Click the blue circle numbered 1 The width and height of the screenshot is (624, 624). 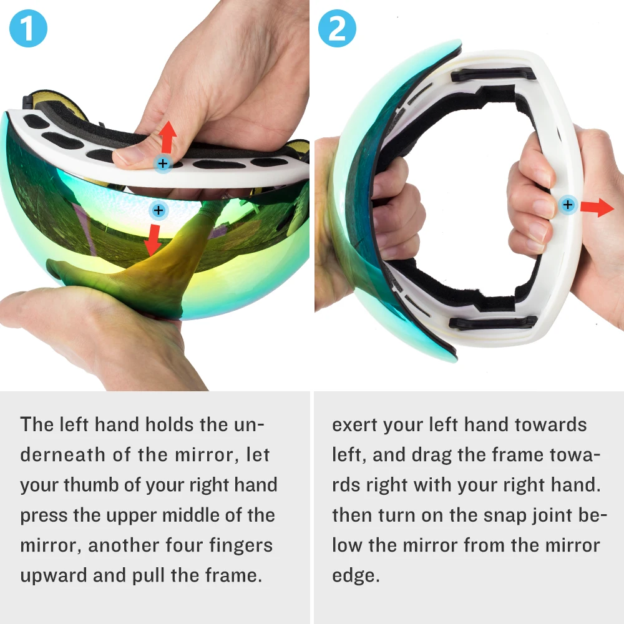point(28,28)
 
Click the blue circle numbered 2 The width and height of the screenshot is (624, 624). point(337,28)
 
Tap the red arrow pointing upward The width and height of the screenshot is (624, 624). point(167,137)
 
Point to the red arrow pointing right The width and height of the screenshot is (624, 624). point(597,207)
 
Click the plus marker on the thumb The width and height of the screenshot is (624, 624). point(163,163)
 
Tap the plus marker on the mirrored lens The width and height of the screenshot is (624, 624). point(158,210)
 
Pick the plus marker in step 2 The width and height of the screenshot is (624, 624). point(568,205)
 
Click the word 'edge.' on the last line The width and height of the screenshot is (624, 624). point(356,576)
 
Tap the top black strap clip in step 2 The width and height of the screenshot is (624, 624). point(494,74)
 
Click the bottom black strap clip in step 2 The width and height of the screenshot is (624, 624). point(493,322)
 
